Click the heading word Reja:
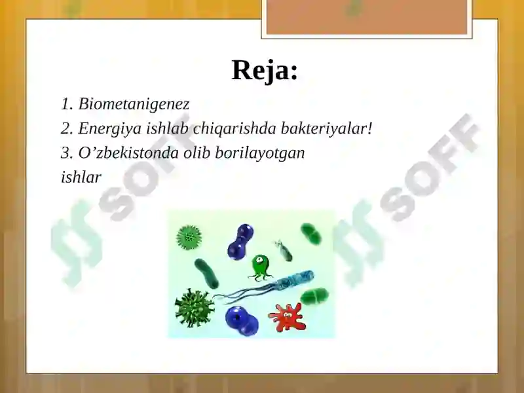point(265,70)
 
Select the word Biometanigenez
point(134,103)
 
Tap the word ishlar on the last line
point(81,178)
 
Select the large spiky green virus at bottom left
point(194,308)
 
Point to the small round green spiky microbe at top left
point(189,236)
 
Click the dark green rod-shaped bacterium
point(208,272)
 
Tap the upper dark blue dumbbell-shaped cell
point(240,240)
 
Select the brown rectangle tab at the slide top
point(367,17)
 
